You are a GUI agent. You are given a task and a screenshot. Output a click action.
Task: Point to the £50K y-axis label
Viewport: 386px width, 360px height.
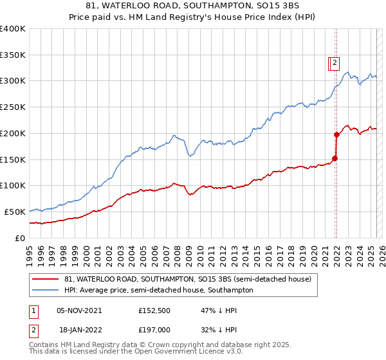pos(15,212)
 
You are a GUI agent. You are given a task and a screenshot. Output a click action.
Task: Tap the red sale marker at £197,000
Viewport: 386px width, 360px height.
pos(336,135)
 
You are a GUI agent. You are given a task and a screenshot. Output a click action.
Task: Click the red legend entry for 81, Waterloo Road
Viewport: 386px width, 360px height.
pos(187,279)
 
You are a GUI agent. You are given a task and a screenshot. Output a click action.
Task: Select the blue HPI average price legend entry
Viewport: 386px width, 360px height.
pos(158,290)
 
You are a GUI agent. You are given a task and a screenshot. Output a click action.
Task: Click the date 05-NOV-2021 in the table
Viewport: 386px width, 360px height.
pos(79,310)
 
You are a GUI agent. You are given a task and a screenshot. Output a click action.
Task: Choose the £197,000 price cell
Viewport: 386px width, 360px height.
pos(154,330)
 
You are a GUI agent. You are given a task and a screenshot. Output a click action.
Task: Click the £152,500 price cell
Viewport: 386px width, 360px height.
pos(154,310)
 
